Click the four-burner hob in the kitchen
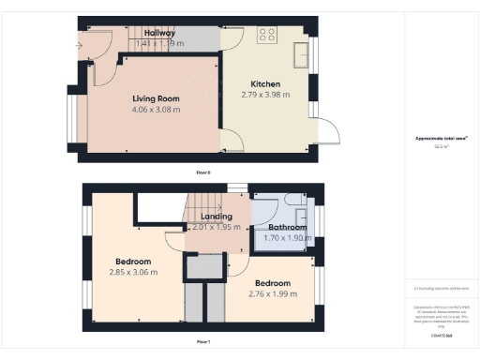point(267,35)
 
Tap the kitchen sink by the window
point(302,55)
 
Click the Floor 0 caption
point(202,173)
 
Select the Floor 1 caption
point(202,341)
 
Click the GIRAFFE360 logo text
point(441,335)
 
